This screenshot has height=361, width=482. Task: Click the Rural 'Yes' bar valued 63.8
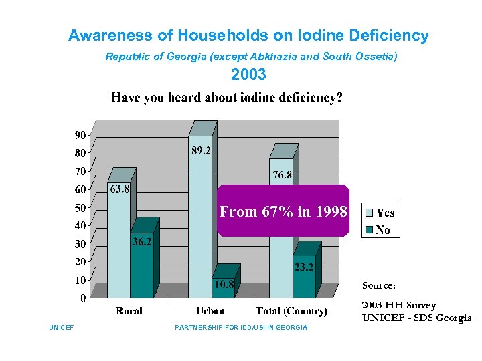point(118,247)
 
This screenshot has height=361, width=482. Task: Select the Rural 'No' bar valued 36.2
point(141,267)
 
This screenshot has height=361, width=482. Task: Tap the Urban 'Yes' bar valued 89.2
point(200,221)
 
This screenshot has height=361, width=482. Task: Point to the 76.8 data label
point(282,176)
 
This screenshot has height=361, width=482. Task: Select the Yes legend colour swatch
point(368,213)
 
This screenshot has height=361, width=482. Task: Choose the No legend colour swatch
point(368,230)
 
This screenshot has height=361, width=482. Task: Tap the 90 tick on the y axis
point(80,135)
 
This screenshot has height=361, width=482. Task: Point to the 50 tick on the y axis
point(80,208)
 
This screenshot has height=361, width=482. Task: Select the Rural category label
point(129,311)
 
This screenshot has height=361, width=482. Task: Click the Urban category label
point(210,311)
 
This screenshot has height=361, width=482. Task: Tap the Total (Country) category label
point(292,311)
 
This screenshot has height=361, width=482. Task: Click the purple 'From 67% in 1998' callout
point(283,211)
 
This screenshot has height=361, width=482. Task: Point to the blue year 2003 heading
point(248,74)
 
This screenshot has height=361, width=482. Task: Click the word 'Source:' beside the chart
point(379,285)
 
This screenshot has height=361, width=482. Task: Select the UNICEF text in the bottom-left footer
point(61,327)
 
